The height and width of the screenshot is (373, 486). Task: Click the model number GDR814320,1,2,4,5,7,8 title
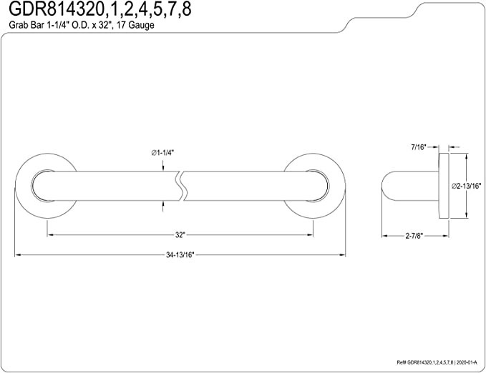[99, 9]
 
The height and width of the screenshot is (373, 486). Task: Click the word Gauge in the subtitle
[141, 25]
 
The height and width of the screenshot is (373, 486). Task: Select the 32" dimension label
[180, 235]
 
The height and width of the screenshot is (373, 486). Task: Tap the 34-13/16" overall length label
[180, 255]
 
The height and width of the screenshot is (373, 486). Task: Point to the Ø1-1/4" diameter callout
[163, 153]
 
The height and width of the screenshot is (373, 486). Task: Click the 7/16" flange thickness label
[419, 147]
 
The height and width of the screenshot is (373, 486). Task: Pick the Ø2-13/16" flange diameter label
[466, 186]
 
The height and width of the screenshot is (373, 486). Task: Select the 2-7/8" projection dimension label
[414, 236]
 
